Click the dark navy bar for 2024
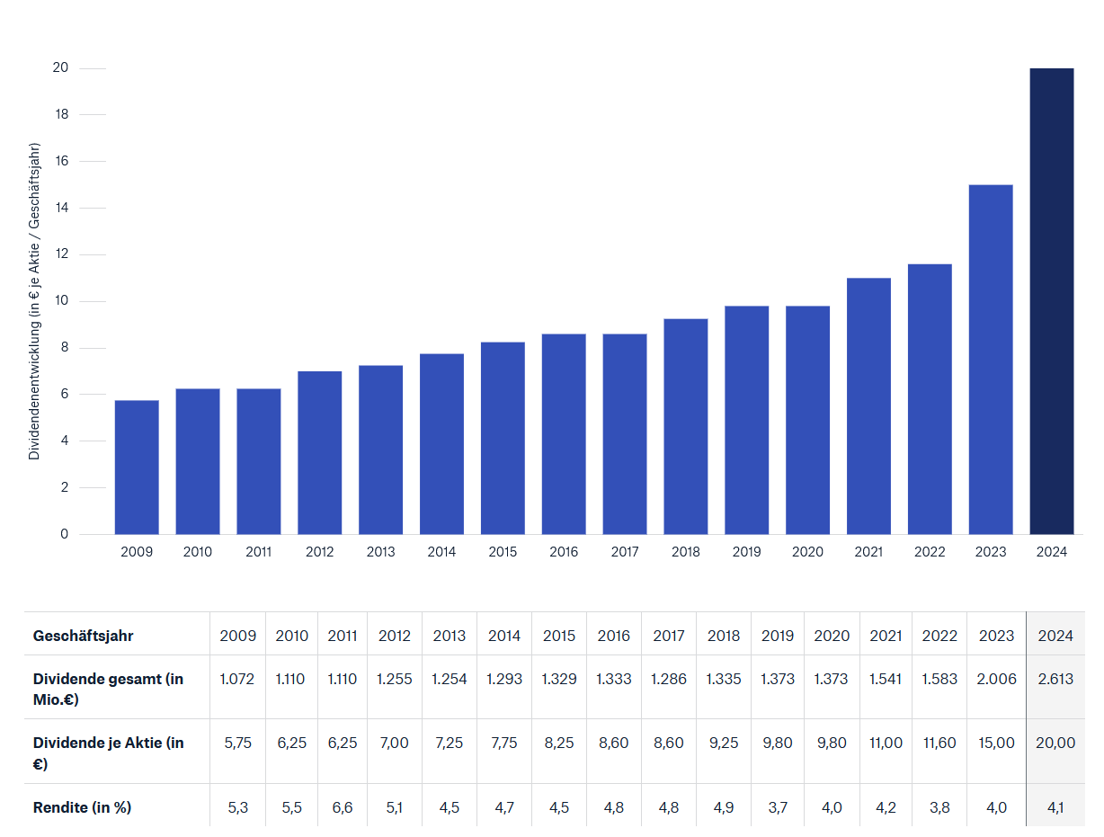click(x=1051, y=301)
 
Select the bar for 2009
click(x=137, y=467)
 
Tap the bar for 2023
click(x=991, y=360)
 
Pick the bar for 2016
click(x=564, y=434)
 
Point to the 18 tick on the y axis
click(x=62, y=115)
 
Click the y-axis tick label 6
click(x=64, y=395)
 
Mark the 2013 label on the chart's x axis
click(x=380, y=552)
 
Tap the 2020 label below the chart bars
click(x=807, y=552)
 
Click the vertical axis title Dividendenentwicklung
click(x=35, y=301)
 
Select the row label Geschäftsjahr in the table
click(x=83, y=636)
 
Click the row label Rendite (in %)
click(x=82, y=807)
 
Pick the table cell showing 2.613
click(x=1055, y=679)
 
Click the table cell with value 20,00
click(x=1055, y=743)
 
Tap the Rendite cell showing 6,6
click(x=343, y=807)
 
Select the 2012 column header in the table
click(x=395, y=636)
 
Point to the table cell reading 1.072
click(x=238, y=679)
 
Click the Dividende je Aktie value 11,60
click(x=939, y=743)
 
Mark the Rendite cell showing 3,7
click(x=778, y=807)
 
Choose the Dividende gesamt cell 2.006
click(x=996, y=679)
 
